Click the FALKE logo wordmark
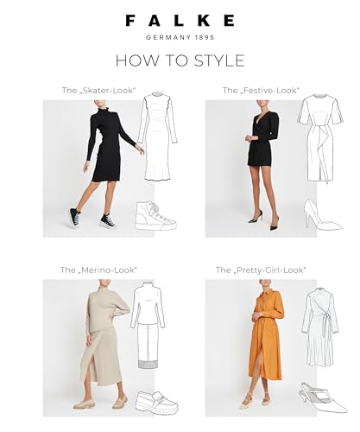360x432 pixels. (180, 21)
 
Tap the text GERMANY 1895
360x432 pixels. (180, 37)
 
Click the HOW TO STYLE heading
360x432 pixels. (180, 60)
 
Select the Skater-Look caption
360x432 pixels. (98, 91)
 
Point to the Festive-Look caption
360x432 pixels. (261, 91)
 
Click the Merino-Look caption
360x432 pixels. (98, 270)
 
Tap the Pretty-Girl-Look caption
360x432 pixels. (261, 270)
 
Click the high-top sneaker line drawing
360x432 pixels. (155, 216)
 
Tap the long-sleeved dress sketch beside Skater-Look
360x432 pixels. (157, 137)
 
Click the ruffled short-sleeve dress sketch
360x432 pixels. (320, 138)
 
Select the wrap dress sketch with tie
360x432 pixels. (320, 327)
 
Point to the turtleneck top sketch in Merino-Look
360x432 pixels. (148, 305)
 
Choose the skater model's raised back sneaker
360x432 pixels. (74, 218)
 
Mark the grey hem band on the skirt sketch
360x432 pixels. (148, 364)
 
